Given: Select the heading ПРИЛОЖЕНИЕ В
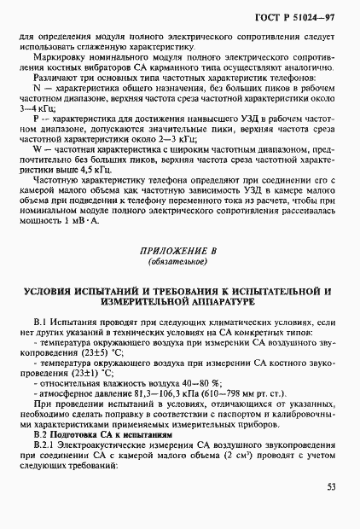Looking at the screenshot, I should pyautogui.click(x=179, y=252).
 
